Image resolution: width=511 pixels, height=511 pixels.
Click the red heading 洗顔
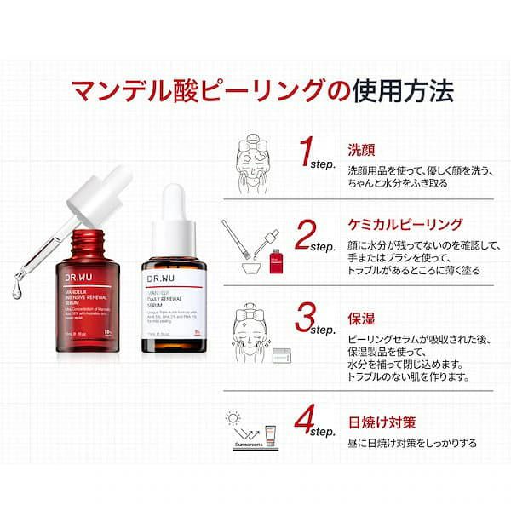360,147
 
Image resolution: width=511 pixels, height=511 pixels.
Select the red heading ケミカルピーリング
405,225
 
